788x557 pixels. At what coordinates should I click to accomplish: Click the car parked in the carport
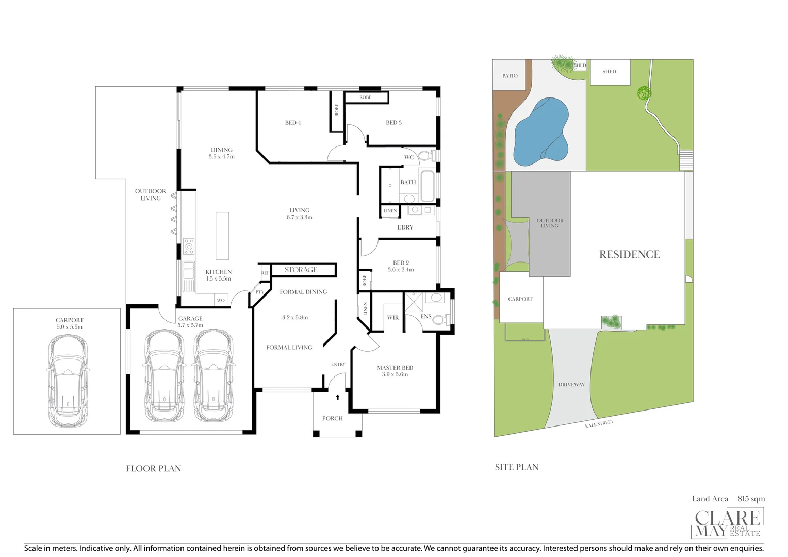click(x=68, y=381)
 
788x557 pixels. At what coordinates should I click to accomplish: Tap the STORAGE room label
click(x=301, y=270)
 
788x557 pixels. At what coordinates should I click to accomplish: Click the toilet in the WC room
click(x=426, y=156)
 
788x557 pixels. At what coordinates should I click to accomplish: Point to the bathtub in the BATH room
click(x=428, y=186)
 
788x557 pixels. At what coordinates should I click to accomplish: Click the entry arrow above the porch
click(x=338, y=397)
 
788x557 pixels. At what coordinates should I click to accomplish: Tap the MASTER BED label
click(x=395, y=368)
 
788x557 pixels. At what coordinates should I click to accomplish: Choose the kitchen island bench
click(x=222, y=235)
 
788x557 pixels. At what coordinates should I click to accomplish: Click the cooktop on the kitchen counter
click(x=189, y=247)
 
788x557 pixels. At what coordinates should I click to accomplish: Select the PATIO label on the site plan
click(x=510, y=76)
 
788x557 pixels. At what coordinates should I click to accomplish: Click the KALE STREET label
click(x=599, y=424)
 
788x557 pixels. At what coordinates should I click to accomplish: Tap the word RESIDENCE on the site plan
click(x=629, y=254)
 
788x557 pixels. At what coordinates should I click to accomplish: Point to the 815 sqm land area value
click(x=751, y=499)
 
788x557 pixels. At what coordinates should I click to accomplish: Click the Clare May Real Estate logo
click(x=727, y=523)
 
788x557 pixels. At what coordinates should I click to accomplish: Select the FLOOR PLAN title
click(x=154, y=468)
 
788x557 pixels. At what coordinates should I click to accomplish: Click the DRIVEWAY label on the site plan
click(x=571, y=385)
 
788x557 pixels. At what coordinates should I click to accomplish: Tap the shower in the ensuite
click(x=414, y=302)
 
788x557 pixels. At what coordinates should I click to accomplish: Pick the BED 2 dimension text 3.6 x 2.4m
click(x=400, y=270)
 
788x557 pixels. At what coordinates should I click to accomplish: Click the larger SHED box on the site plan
click(x=610, y=72)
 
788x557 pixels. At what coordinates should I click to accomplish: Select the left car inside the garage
click(x=164, y=375)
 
